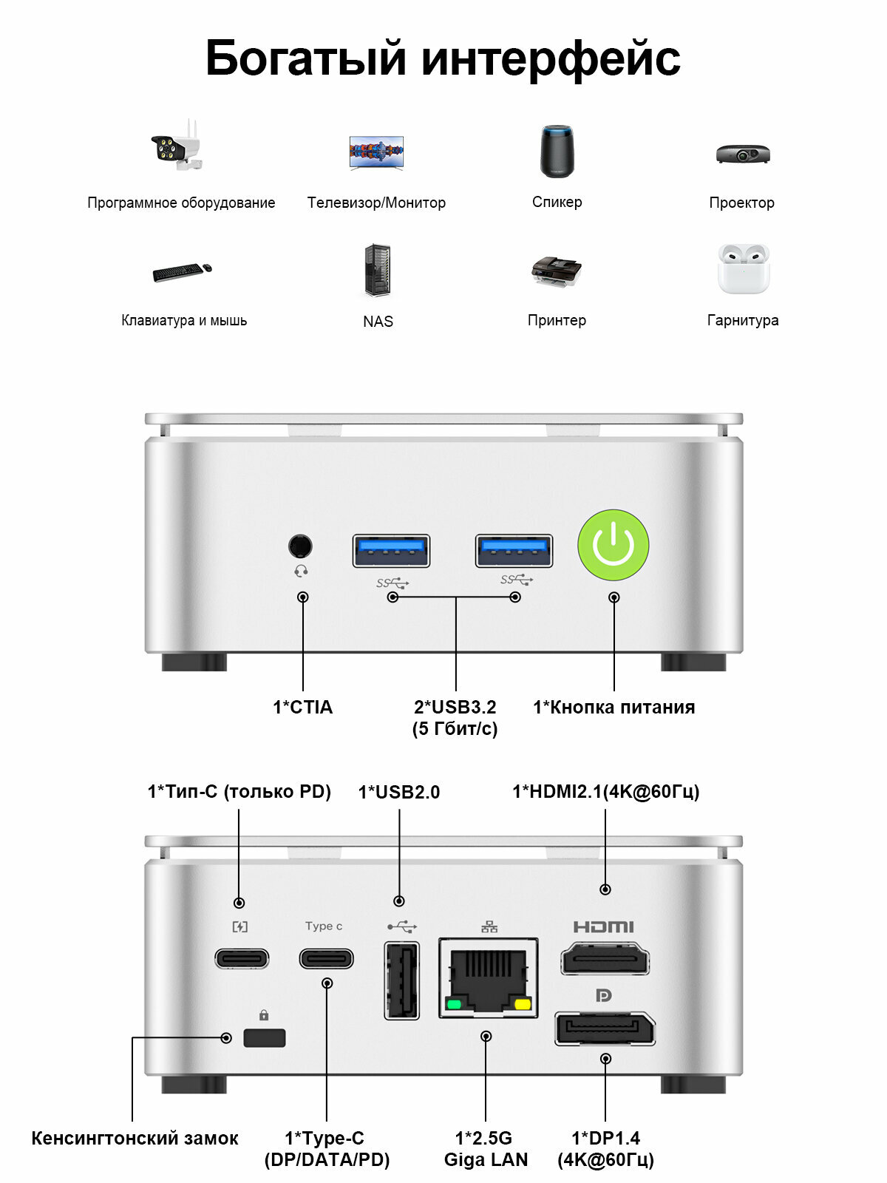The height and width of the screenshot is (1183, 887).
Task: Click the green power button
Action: (x=613, y=545)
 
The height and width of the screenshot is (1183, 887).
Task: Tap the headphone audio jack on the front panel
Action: (x=299, y=546)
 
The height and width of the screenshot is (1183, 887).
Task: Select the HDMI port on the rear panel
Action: (x=605, y=960)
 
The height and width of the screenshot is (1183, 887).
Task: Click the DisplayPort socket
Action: (x=605, y=1028)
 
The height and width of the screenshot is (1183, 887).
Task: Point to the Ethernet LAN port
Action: (x=488, y=977)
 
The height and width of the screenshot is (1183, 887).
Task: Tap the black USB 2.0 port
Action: (x=401, y=980)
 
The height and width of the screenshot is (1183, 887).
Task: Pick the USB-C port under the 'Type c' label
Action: (x=326, y=958)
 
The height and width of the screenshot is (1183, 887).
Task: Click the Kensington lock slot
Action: (x=265, y=1037)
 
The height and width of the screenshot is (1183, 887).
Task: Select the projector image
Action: (x=743, y=153)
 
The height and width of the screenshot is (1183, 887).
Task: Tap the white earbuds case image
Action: (x=743, y=268)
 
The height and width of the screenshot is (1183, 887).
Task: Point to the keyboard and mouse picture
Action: (x=182, y=271)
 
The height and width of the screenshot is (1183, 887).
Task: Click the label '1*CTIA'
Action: (x=302, y=707)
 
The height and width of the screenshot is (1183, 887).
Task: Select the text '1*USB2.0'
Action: (x=398, y=792)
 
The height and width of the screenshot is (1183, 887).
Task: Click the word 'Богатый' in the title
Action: (x=305, y=58)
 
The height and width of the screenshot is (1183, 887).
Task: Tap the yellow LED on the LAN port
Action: (x=523, y=1004)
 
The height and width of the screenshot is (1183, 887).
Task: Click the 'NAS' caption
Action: (x=378, y=321)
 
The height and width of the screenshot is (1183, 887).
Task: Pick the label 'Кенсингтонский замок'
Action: (x=135, y=1138)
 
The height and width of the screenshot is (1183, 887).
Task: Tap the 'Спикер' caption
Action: (x=557, y=202)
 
